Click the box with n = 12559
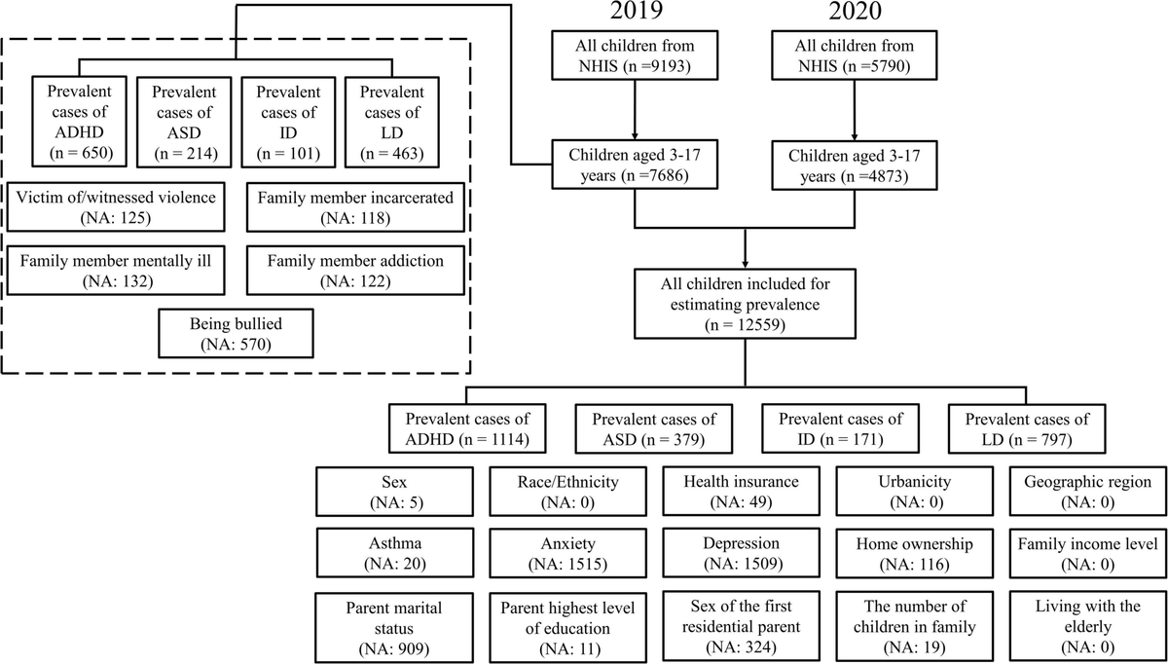click(746, 303)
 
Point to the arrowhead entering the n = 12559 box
click(746, 264)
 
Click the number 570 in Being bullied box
click(259, 344)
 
